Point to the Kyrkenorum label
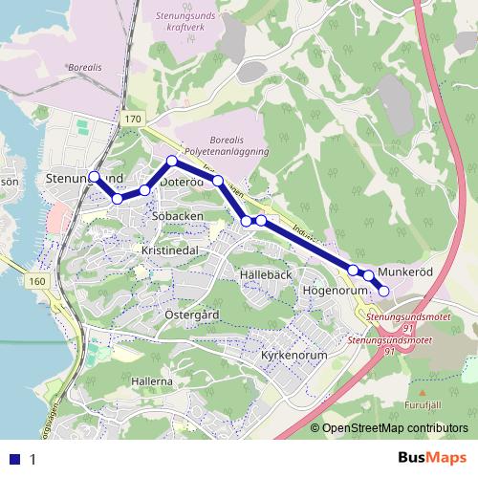coord(294,355)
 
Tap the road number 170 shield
coord(132,119)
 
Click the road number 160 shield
coord(37,282)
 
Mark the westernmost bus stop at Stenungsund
coord(94,176)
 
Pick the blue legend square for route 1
coord(16,459)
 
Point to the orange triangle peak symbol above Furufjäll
coord(421,391)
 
